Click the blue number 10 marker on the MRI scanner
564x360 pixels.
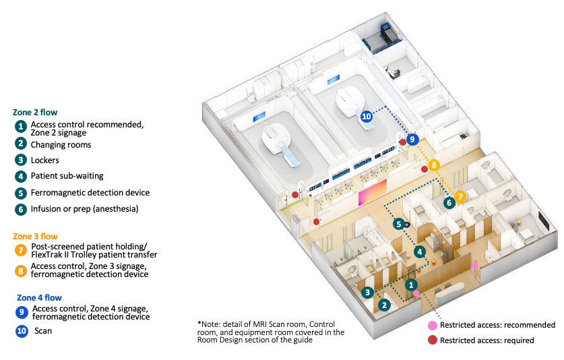pos(366,116)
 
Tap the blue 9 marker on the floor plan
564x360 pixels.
pos(412,140)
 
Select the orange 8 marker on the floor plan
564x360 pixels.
pos(434,165)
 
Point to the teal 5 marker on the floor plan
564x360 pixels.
pos(398,224)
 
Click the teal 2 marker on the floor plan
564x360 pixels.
pos(384,305)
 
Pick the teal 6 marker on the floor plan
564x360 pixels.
pos(449,203)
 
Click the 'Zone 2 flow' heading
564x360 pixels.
pos(35,113)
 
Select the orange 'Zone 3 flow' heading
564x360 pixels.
pos(35,236)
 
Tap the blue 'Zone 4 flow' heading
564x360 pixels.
pos(39,298)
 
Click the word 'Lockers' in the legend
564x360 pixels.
pos(44,160)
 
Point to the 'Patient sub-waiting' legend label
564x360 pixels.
pos(67,176)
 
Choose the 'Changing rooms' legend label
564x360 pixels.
pos(61,145)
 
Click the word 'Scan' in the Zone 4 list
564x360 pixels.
pos(43,331)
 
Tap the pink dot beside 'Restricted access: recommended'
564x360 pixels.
pos(433,326)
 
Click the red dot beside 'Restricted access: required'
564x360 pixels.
pos(433,340)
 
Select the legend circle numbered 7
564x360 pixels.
pos(21,250)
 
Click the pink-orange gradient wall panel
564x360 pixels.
pos(372,192)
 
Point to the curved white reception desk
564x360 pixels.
pos(450,293)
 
